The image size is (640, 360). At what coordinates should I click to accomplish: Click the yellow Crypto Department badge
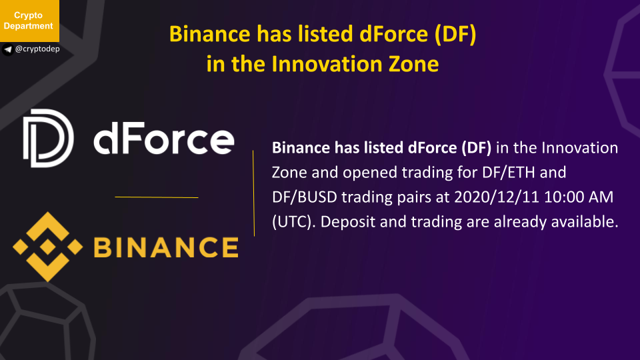29,21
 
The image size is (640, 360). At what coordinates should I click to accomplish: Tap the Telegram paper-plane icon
8,50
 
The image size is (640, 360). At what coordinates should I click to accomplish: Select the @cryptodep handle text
37,49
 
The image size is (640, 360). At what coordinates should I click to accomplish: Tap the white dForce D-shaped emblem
48,139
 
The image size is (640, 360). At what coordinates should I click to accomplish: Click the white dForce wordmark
164,139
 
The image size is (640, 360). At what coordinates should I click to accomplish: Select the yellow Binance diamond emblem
48,247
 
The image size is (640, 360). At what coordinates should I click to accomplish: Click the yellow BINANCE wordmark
166,247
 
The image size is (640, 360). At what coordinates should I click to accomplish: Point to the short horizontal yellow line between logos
157,197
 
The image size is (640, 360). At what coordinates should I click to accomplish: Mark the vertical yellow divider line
253,193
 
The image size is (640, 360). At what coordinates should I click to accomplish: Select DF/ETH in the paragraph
508,172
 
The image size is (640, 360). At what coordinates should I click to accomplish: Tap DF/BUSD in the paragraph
305,197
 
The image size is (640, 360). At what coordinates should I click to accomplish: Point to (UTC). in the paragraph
294,222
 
